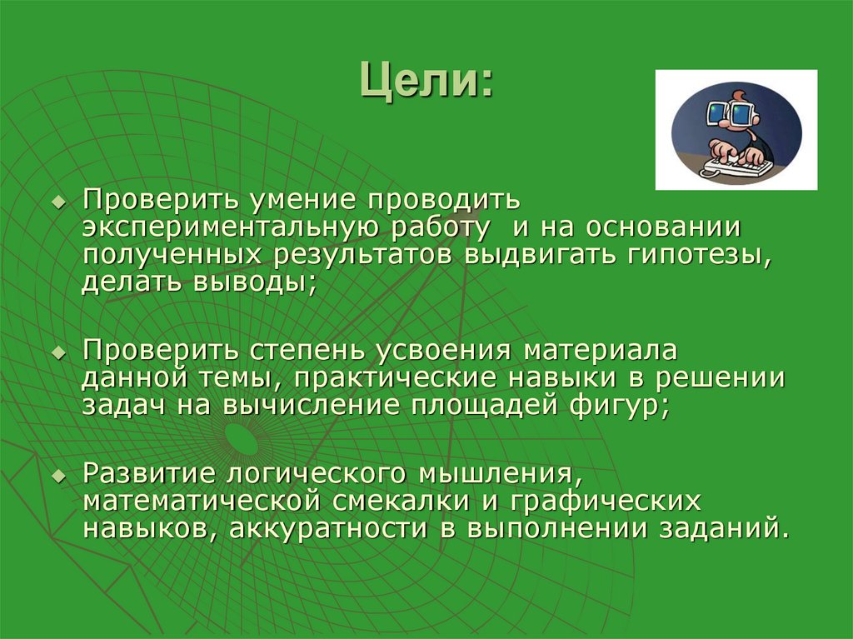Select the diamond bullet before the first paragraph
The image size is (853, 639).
coord(57,203)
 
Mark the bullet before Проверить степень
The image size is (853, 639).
coord(57,353)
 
